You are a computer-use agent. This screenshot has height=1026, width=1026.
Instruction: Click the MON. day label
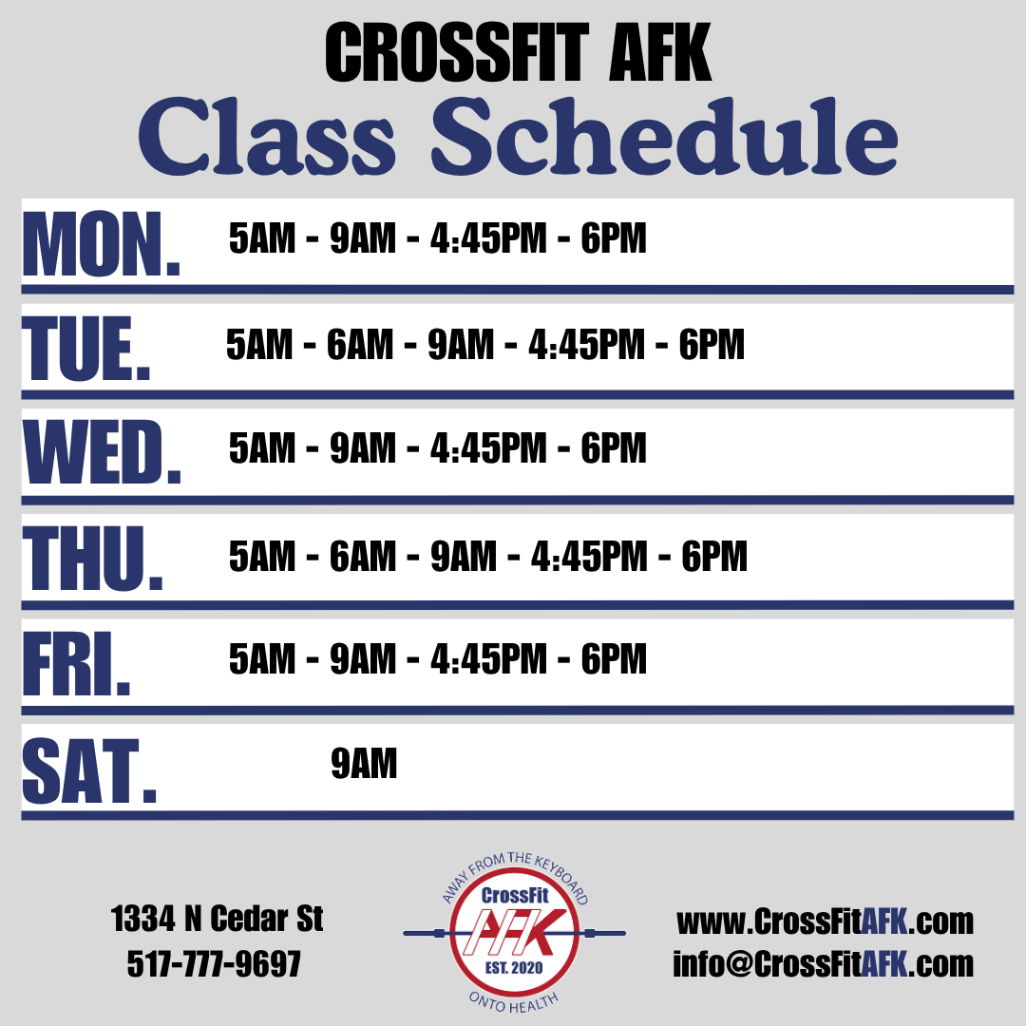tap(102, 245)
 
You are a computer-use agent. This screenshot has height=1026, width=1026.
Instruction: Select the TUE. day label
tap(86, 348)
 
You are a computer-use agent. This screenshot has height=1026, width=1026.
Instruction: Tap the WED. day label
tap(102, 453)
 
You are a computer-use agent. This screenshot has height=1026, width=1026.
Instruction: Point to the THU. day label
tap(93, 559)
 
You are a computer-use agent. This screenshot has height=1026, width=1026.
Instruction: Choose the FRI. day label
tap(77, 663)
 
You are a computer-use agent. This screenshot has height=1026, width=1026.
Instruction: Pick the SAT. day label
tap(89, 770)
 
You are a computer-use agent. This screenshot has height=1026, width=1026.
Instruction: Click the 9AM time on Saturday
tap(364, 764)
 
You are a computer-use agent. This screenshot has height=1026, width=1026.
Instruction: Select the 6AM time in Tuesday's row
tap(360, 344)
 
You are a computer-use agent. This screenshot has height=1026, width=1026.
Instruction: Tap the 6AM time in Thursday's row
tap(363, 556)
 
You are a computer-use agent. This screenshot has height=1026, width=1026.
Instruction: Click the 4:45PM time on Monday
tap(488, 237)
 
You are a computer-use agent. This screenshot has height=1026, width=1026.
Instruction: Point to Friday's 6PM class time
tap(614, 658)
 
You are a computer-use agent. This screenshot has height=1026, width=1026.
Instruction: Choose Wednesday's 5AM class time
tap(262, 448)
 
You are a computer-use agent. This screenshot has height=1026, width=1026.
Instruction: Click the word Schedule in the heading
tap(665, 136)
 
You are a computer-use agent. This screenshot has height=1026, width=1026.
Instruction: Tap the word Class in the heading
tap(267, 136)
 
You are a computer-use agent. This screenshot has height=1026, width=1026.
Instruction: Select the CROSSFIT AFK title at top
tap(518, 52)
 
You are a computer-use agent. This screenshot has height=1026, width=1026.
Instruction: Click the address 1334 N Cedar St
tap(217, 919)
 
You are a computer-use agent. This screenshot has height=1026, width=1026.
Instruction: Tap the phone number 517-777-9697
tap(214, 963)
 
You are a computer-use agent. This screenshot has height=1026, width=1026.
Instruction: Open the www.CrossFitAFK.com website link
tap(826, 921)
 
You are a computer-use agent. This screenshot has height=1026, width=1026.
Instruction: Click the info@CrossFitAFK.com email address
tap(823, 964)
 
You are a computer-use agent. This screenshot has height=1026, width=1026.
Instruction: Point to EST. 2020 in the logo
tap(514, 968)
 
